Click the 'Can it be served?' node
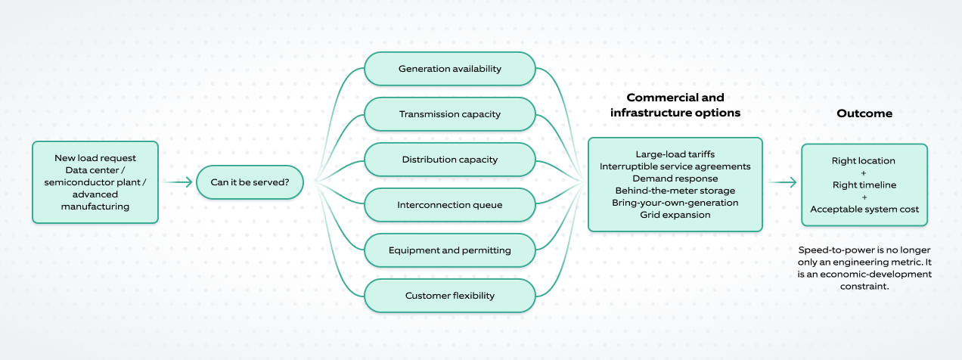click(250, 182)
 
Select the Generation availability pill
click(450, 69)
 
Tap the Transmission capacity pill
click(450, 114)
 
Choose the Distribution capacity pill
click(450, 160)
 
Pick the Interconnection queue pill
click(450, 205)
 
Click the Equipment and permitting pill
click(450, 250)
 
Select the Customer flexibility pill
click(450, 296)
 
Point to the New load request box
click(95, 182)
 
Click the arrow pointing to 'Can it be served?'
click(178, 182)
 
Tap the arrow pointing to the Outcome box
click(782, 182)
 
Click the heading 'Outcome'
click(864, 113)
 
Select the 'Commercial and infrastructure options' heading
click(675, 105)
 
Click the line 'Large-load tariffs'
click(675, 154)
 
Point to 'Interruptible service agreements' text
click(675, 166)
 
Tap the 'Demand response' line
click(675, 178)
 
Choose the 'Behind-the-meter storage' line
click(675, 191)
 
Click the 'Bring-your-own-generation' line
click(675, 203)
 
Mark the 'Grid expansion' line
click(675, 215)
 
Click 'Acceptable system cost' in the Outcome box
click(864, 209)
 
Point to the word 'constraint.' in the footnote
click(864, 286)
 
